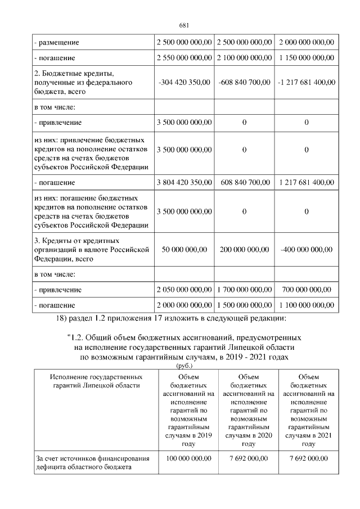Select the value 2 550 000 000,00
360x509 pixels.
click(x=184, y=58)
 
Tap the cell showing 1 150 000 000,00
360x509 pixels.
click(x=306, y=58)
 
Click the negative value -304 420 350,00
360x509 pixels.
click(x=184, y=82)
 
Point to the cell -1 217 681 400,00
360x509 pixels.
click(x=306, y=82)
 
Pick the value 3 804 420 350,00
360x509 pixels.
click(x=184, y=183)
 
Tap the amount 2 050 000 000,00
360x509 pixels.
click(x=184, y=290)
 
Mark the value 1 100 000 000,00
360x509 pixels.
click(x=306, y=305)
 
